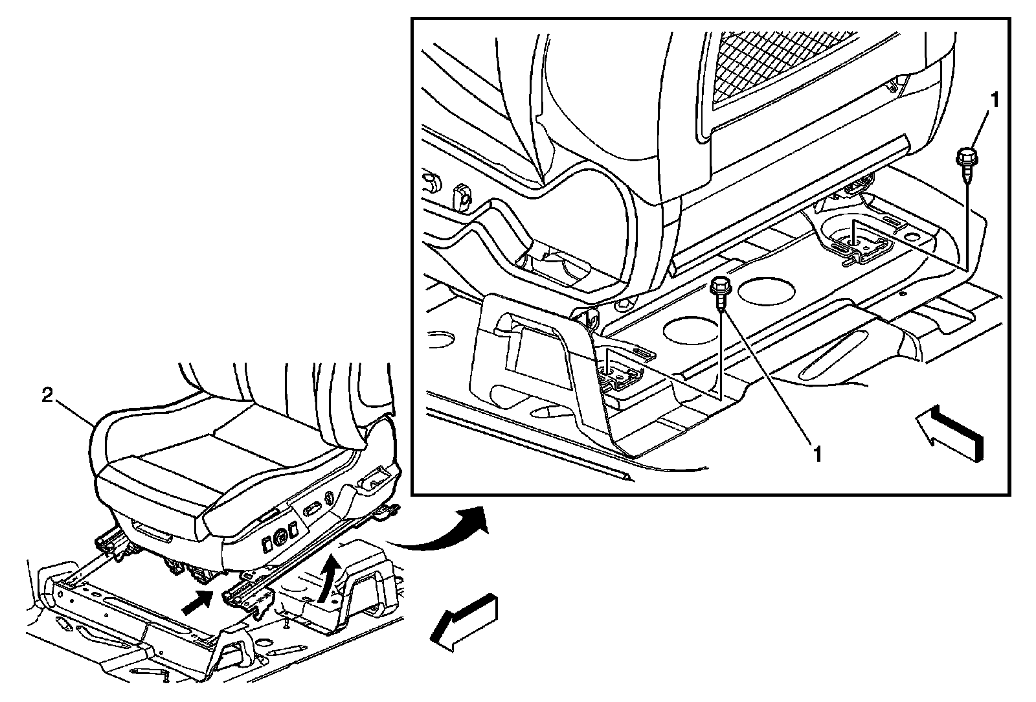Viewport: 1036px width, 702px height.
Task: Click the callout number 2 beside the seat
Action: pos(47,396)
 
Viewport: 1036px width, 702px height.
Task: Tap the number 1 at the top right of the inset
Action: pos(995,100)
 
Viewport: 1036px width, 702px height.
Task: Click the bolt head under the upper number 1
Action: pos(966,156)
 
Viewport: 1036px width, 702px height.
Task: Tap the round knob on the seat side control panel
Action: pos(280,538)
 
